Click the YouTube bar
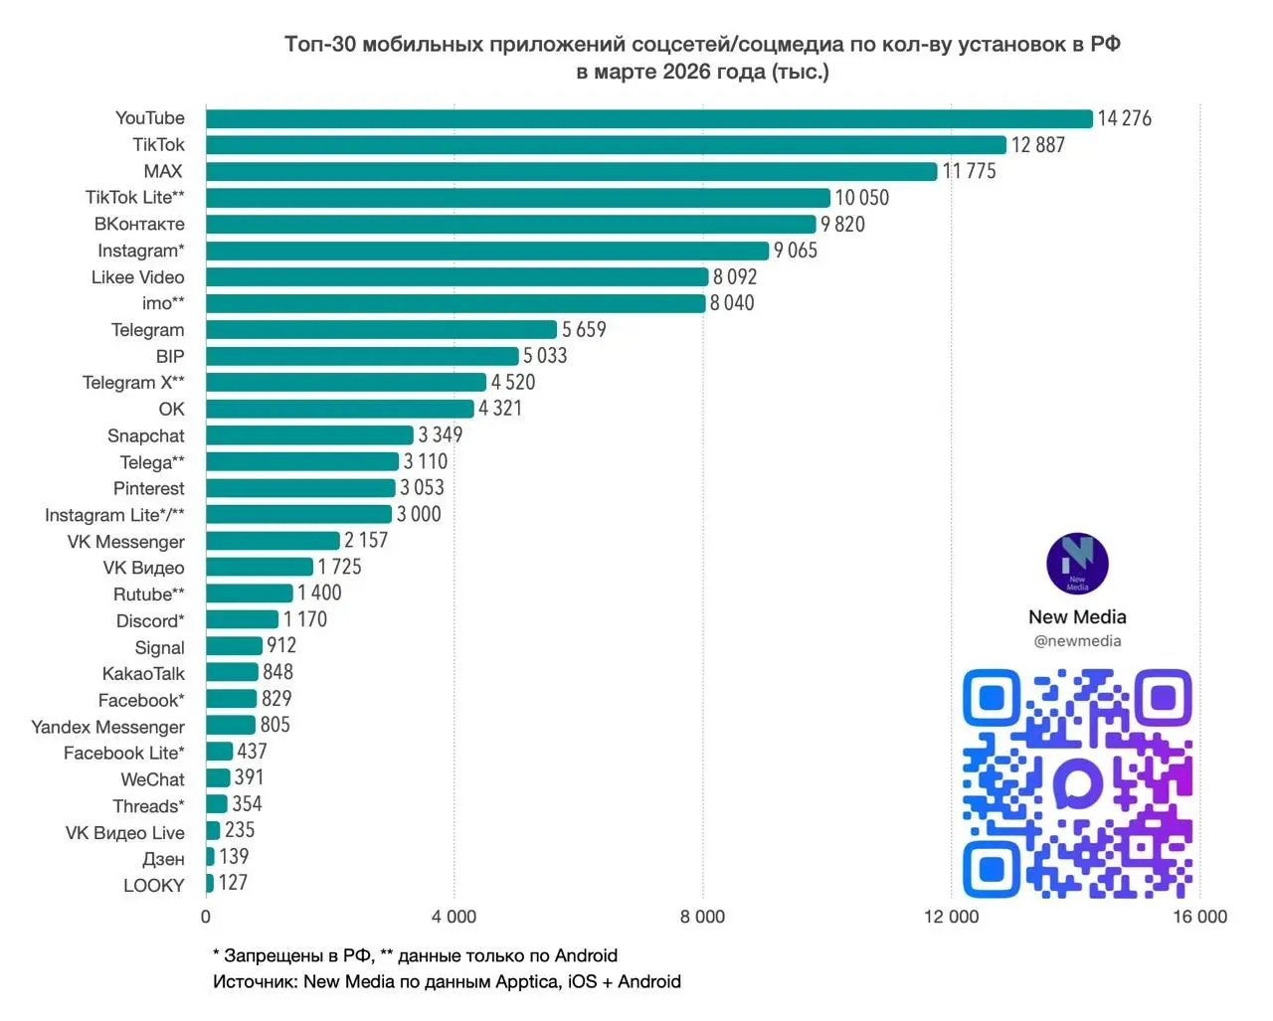[648, 118]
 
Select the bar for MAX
[571, 171]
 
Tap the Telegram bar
[381, 329]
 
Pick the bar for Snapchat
[309, 435]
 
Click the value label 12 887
[1037, 145]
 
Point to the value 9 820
[842, 224]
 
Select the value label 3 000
[419, 514]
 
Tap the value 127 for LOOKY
[233, 883]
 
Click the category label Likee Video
[138, 277]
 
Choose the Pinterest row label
[149, 488]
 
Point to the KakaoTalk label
[143, 674]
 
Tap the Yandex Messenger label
[107, 727]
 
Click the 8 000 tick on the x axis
[702, 917]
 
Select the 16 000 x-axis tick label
[1199, 917]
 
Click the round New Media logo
[1077, 564]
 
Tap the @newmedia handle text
[1077, 641]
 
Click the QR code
[1077, 783]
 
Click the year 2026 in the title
[686, 72]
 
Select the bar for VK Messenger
[273, 541]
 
